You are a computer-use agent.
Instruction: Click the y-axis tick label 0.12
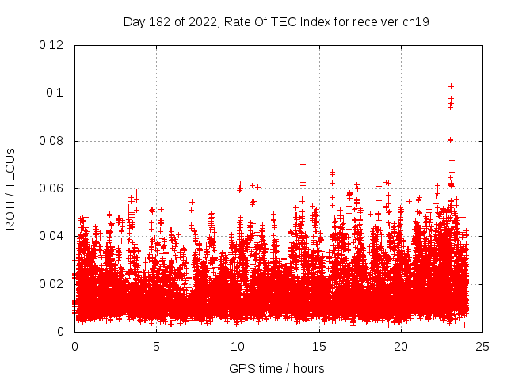click(52, 45)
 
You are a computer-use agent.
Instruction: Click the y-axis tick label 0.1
click(55, 93)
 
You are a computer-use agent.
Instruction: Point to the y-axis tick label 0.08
click(52, 141)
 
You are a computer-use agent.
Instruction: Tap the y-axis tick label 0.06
click(52, 188)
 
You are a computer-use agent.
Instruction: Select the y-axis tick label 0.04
click(52, 236)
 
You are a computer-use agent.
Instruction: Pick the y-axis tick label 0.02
click(52, 283)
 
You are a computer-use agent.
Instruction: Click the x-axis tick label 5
click(156, 346)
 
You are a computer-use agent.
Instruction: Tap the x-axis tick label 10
click(238, 346)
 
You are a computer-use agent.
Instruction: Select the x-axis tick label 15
click(319, 346)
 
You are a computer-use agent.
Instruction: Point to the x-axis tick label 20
click(401, 346)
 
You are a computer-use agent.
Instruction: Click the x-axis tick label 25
click(482, 346)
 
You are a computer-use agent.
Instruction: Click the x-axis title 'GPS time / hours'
click(276, 368)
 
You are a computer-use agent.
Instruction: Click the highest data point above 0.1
click(452, 85)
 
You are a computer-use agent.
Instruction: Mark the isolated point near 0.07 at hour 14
click(303, 164)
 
